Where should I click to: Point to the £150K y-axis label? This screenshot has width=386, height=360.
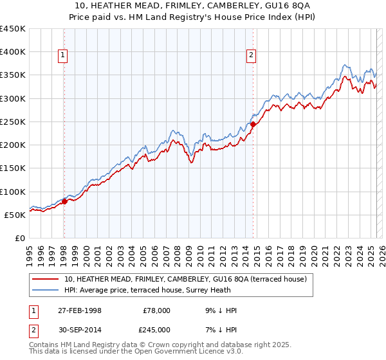pyautogui.click(x=13, y=168)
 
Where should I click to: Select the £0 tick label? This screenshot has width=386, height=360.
pyautogui.click(x=20, y=238)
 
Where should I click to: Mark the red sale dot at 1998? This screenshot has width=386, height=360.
pyautogui.click(x=64, y=201)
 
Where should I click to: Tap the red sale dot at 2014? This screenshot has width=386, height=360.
pyautogui.click(x=253, y=124)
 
